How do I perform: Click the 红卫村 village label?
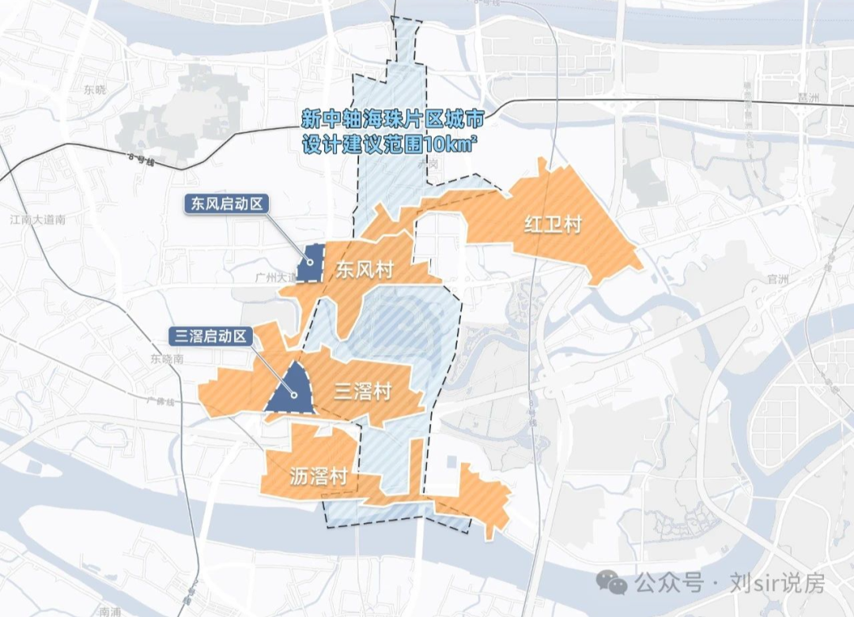tap(553, 225)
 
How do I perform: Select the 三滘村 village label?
tap(363, 391)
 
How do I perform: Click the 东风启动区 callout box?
tap(225, 203)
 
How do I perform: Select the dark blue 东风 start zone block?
tap(311, 263)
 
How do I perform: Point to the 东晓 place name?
tap(94, 89)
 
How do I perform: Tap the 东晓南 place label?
tap(166, 358)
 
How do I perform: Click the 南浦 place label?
tap(109, 611)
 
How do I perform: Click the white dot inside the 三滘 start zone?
tap(292, 395)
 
